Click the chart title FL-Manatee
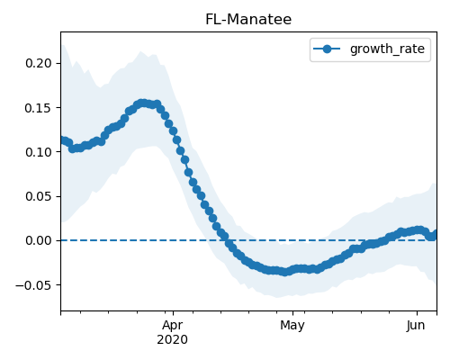tap(248, 20)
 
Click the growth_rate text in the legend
tap(387, 49)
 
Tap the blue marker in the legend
tap(327, 49)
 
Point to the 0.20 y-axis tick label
tap(39, 63)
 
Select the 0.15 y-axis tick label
tap(39, 108)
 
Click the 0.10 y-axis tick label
tap(39, 152)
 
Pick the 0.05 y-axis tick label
tap(39, 196)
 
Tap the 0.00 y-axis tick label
tap(39, 240)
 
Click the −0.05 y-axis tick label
tap(34, 285)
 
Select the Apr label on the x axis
tap(173, 325)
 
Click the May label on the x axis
tap(292, 325)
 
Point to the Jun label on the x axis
tap(416, 325)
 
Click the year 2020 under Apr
tap(173, 339)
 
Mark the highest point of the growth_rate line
tap(143, 103)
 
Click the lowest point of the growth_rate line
tap(285, 272)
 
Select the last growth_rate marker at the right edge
tap(435, 234)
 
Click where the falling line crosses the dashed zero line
tap(227, 240)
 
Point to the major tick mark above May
tap(292, 313)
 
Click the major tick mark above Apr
tap(173, 313)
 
